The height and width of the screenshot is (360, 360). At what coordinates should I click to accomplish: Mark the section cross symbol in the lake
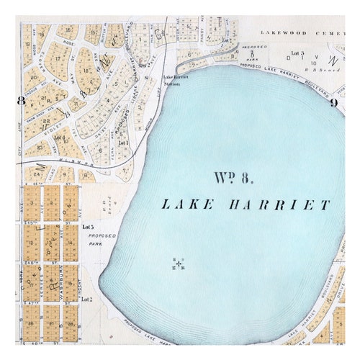179,264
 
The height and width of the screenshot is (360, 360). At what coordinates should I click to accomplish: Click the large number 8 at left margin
21,101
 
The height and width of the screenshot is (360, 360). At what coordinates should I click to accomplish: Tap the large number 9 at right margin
334,102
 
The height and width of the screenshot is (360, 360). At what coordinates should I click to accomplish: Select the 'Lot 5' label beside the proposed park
88,228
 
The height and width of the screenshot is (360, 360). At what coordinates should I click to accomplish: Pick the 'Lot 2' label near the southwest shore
86,299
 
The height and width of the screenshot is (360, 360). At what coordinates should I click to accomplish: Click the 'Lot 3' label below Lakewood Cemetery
298,53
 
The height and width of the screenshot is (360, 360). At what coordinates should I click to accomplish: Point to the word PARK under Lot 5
94,244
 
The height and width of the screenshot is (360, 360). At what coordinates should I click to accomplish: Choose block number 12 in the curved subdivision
86,71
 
